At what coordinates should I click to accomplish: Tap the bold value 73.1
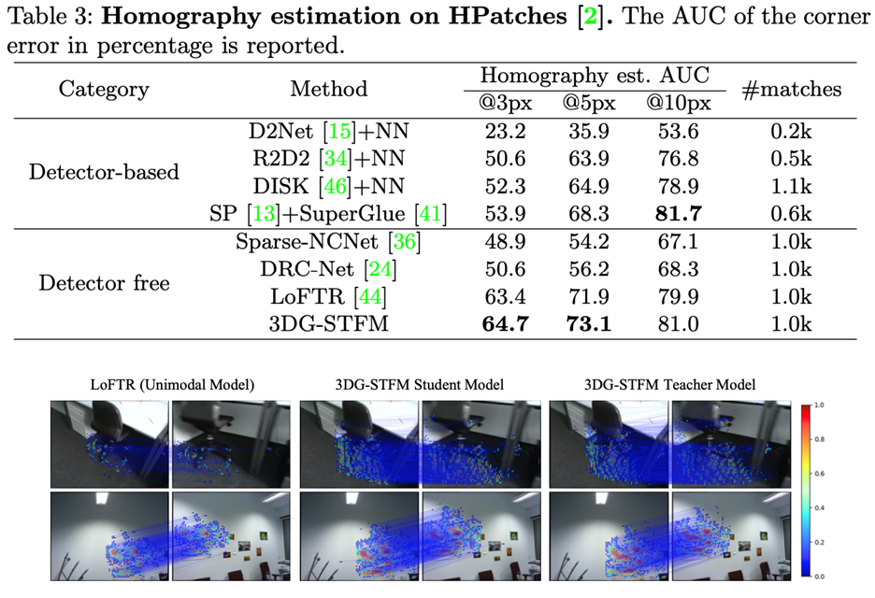[x=589, y=324]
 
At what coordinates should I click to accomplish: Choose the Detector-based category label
[x=104, y=173]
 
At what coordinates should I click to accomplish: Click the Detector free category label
[x=104, y=282]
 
